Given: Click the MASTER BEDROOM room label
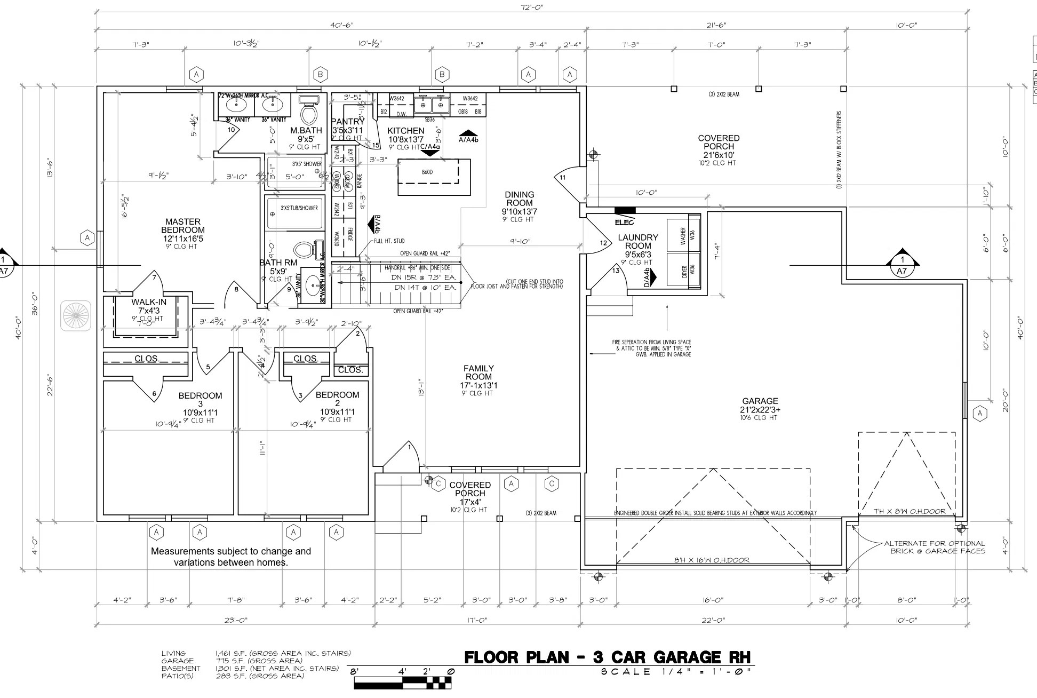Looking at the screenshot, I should tap(183, 226).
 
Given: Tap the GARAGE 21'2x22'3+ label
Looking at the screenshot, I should tap(760, 405).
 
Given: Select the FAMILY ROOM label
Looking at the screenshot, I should tap(478, 372).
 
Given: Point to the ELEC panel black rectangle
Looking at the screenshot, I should tap(625, 210).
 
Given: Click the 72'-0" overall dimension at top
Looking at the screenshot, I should tap(532, 7).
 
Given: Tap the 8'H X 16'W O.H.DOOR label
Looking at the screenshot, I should tap(712, 560).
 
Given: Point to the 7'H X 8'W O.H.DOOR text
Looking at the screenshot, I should tap(909, 511).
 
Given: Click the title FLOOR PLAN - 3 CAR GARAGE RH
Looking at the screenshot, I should tap(608, 657).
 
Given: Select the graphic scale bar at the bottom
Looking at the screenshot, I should tap(403, 681).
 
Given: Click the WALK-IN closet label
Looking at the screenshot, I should tap(149, 302).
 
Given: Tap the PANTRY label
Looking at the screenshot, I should tap(347, 122).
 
